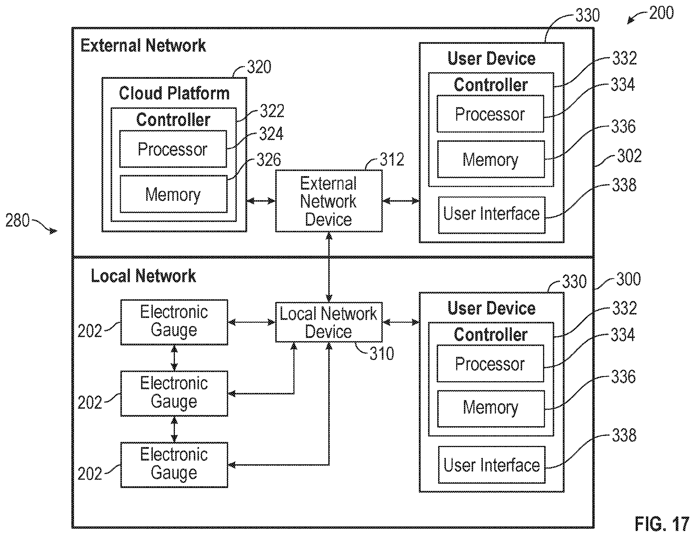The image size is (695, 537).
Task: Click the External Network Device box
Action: pyautogui.click(x=329, y=201)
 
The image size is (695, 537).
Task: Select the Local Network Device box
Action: pyautogui.click(x=329, y=322)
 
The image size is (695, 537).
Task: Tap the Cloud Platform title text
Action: pyautogui.click(x=174, y=93)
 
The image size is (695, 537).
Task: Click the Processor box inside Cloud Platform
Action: pyautogui.click(x=173, y=149)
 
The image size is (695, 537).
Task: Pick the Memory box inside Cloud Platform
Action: pyautogui.click(x=173, y=194)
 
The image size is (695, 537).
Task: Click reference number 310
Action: pyautogui.click(x=382, y=353)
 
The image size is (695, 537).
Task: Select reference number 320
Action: pyautogui.click(x=259, y=67)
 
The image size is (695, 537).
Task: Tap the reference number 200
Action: pyautogui.click(x=661, y=13)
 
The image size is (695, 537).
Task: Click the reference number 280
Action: pyautogui.click(x=17, y=220)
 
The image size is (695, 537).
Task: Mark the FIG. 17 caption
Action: pyautogui.click(x=661, y=524)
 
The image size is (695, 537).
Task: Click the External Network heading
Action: pyautogui.click(x=143, y=45)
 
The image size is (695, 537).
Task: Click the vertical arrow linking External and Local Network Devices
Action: pyautogui.click(x=329, y=267)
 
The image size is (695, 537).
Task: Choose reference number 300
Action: pyautogui.click(x=628, y=279)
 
